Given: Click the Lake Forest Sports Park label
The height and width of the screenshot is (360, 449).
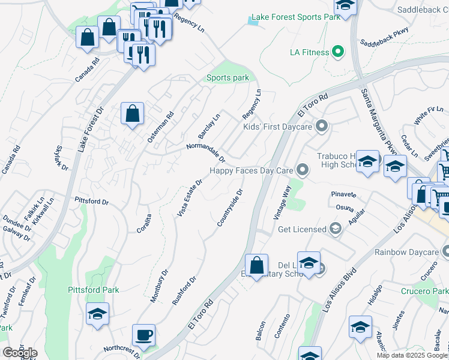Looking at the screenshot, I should click(x=296, y=17).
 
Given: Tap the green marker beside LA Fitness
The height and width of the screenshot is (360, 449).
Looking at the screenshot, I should click(x=339, y=52).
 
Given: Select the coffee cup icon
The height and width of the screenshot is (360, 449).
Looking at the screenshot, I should click(x=144, y=334).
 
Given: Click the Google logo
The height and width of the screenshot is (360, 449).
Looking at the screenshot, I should click(x=19, y=353).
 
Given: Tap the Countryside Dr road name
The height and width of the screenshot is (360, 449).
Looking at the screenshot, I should click(x=230, y=208).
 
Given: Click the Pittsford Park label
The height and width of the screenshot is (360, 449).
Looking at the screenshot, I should click(x=92, y=290).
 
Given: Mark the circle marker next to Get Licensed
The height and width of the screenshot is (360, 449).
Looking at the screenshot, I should click(x=336, y=229).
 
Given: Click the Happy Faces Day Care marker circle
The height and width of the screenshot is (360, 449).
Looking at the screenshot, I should click(x=304, y=171).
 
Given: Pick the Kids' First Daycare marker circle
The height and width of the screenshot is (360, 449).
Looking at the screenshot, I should click(x=322, y=127).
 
